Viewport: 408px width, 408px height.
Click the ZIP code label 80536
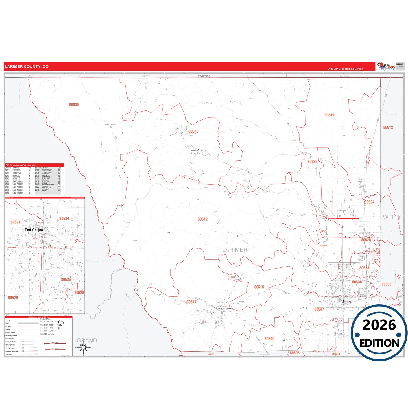(x=74, y=105)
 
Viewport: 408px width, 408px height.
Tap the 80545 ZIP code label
(x=193, y=131)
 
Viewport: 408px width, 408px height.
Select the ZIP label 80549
(x=329, y=115)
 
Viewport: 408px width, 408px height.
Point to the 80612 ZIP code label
(x=388, y=127)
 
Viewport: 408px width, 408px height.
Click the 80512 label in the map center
(x=202, y=219)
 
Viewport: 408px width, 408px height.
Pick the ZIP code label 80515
(x=259, y=287)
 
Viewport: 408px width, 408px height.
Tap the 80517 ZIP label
(x=191, y=302)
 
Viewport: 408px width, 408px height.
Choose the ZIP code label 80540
(x=269, y=339)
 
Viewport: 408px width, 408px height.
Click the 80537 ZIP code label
(x=319, y=309)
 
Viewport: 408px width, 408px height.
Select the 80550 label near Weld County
(x=386, y=284)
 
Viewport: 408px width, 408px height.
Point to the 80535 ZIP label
(x=312, y=162)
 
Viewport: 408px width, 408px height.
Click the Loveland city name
(x=346, y=302)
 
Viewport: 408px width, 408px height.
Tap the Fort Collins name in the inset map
(x=34, y=230)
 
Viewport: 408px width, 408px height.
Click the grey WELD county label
(x=391, y=217)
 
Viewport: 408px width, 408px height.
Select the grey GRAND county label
(x=87, y=341)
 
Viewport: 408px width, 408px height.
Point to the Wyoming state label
(x=204, y=76)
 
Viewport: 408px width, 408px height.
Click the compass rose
(x=83, y=348)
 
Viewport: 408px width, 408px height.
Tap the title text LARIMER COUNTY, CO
(x=27, y=67)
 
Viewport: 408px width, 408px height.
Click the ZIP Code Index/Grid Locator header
(x=21, y=165)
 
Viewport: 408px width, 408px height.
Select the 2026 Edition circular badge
(x=379, y=333)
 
